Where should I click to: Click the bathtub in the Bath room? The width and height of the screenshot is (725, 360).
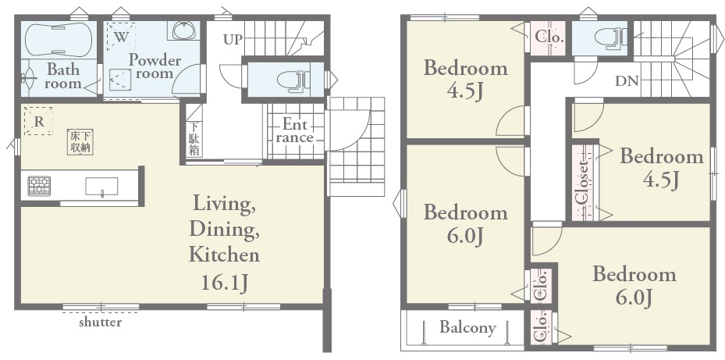tap(59, 40)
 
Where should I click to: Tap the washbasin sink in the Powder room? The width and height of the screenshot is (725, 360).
tap(187, 30)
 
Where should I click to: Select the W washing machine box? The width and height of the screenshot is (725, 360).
tap(121, 36)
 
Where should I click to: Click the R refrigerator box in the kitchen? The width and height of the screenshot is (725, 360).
tap(38, 121)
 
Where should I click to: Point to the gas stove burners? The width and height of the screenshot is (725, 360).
tap(39, 186)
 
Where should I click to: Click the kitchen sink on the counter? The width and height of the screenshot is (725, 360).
tap(101, 187)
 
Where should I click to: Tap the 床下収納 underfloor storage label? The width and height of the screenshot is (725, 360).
tap(80, 141)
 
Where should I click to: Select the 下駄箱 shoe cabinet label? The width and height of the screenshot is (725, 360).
tap(194, 138)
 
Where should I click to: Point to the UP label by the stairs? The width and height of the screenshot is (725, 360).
tap(233, 40)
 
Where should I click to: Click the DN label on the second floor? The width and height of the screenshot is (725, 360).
tap(627, 81)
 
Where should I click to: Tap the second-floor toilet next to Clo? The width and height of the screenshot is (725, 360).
tap(610, 37)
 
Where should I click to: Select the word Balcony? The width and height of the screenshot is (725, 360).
tap(467, 328)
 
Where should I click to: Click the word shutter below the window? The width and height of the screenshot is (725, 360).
tap(101, 322)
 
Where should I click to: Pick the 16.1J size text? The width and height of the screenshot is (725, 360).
tap(224, 282)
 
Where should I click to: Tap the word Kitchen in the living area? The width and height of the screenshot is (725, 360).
tap(224, 255)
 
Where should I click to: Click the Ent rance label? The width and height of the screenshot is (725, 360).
tap(294, 131)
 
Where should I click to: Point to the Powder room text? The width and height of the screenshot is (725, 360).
tap(155, 66)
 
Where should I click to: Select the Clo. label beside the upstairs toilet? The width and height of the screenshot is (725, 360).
tap(549, 37)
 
